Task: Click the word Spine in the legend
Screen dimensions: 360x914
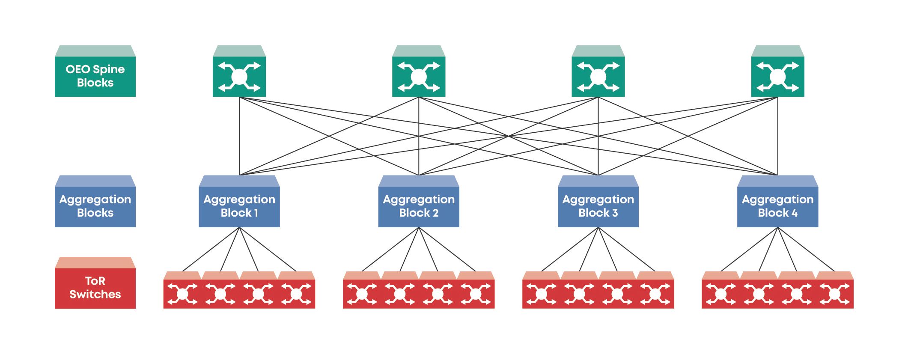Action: [x=109, y=69]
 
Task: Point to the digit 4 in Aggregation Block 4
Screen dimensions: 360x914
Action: [x=795, y=213]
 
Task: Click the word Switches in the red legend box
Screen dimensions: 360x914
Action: [x=95, y=295]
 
